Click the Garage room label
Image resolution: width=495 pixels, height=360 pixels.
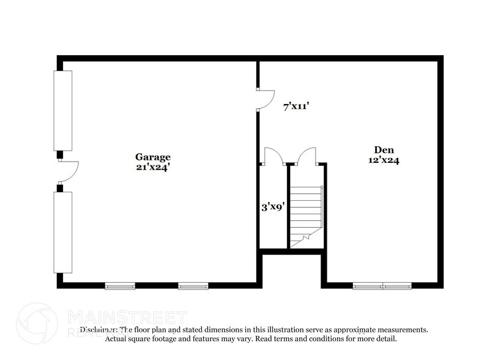coord(154,157)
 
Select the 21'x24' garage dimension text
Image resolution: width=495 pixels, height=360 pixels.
coord(154,167)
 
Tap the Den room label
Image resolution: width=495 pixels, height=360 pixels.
coord(384,149)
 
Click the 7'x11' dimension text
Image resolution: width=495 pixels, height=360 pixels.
coord(296,107)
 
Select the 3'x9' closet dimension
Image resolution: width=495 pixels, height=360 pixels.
coord(272,207)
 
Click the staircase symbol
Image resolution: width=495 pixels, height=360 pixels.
coord(307,214)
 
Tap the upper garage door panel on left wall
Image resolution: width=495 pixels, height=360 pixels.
coord(63,111)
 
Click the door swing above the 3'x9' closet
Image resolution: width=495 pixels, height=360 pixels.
coord(272,157)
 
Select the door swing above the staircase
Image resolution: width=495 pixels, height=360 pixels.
coord(306,157)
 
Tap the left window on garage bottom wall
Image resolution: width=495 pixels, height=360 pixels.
coord(120,285)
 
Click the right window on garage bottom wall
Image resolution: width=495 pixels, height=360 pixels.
coord(193,285)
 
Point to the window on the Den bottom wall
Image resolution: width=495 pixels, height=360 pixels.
coord(383,285)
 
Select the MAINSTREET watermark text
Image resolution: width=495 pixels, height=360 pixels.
coord(126,317)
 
